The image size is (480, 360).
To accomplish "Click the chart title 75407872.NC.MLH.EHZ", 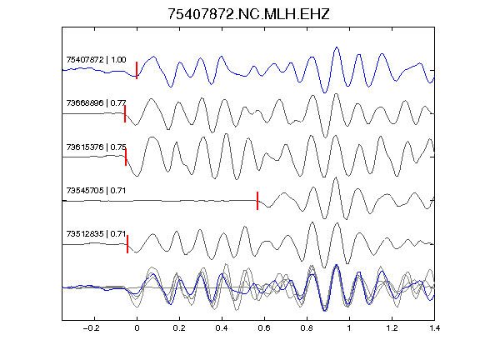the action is [248, 14].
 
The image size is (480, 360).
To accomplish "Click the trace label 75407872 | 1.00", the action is [96, 59].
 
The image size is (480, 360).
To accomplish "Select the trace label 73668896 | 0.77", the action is [96, 102].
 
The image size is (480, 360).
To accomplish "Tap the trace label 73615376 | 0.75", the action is [96, 147].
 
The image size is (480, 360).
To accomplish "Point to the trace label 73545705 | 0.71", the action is [96, 190].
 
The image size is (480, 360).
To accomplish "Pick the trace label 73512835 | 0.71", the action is [96, 234].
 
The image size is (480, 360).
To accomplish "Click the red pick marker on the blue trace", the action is [137, 70].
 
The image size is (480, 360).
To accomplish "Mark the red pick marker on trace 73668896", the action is [125, 113].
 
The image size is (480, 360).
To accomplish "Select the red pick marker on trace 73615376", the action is [126, 157].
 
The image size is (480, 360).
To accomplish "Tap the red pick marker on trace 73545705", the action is [257, 201].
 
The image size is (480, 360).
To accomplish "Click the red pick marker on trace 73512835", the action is [127, 244].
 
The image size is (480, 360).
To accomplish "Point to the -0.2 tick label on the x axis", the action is [92, 328].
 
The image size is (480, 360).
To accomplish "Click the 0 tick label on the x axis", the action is [137, 328].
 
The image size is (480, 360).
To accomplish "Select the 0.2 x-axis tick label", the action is [179, 328].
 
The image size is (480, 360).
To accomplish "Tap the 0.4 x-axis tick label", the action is [222, 328].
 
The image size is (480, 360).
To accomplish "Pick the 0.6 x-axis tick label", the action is [264, 328].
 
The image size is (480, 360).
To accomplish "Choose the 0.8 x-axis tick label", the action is [307, 328].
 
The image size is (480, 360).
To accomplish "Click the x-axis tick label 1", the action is [349, 328].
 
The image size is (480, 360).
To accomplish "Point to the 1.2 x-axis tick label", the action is [392, 328].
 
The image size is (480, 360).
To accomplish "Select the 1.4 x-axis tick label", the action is [434, 328].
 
